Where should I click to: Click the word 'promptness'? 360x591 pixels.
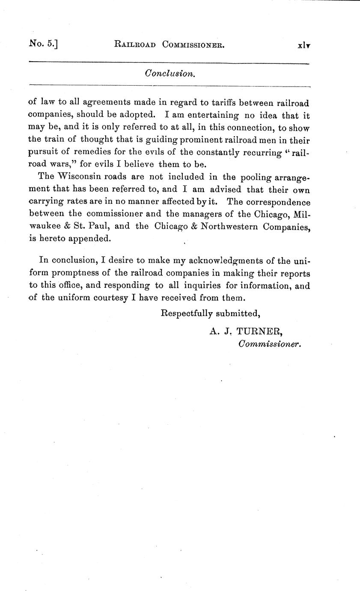[x=80, y=273]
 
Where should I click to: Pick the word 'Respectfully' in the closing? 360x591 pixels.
[x=186, y=313]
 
